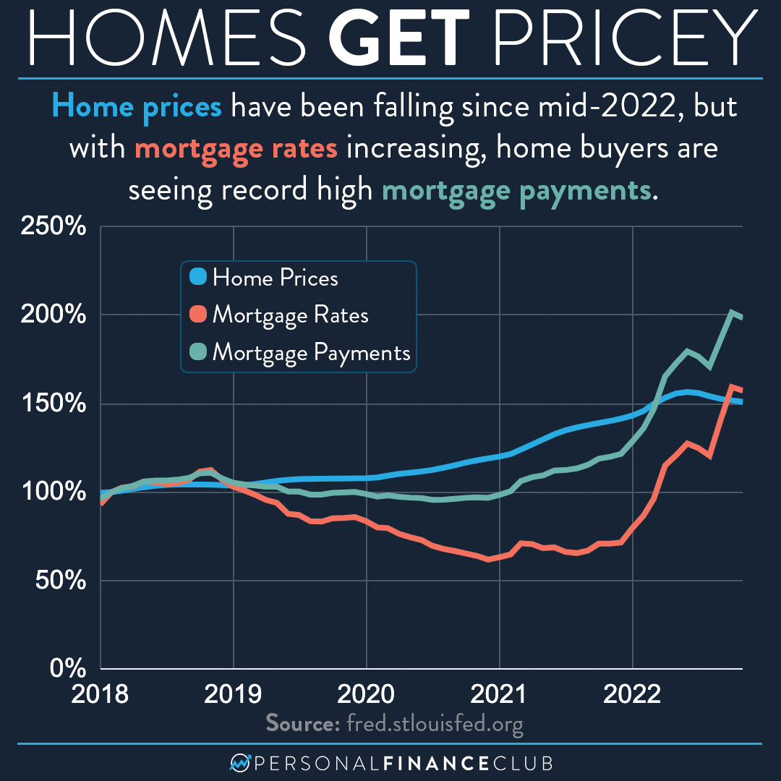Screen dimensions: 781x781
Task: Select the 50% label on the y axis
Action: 59,581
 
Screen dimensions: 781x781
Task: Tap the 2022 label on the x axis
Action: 633,695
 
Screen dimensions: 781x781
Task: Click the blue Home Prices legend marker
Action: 197,277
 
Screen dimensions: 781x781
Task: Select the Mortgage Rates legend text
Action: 291,315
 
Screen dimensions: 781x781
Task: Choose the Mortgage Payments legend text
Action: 312,353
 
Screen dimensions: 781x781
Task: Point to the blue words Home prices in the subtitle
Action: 137,107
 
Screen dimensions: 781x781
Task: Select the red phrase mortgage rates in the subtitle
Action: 236,148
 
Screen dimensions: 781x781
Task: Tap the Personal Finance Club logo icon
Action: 239,764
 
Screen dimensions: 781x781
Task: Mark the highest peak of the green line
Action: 732,312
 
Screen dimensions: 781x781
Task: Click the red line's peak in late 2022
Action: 732,386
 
